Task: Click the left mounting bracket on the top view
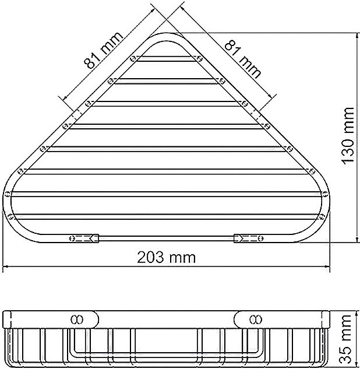(85, 238)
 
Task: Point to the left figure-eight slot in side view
(77, 319)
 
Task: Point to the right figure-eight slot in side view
(255, 319)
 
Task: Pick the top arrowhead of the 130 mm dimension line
(355, 34)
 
